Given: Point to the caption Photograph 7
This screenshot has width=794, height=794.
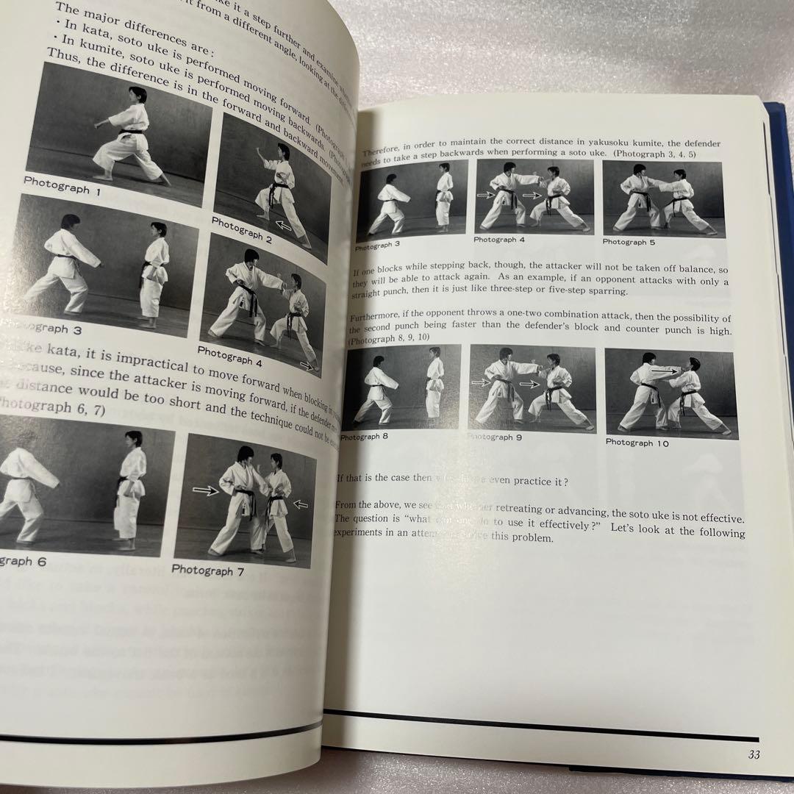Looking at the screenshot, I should tap(202, 571).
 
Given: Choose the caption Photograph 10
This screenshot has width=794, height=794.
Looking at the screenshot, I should tap(639, 443).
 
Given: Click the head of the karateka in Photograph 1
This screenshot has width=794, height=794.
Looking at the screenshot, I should tap(137, 94).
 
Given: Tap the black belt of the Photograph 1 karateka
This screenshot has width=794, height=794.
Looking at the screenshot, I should tap(132, 132).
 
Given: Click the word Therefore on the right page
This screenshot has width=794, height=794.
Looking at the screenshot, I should tap(382, 151).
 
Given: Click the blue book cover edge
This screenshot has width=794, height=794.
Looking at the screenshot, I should tap(779, 221).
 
